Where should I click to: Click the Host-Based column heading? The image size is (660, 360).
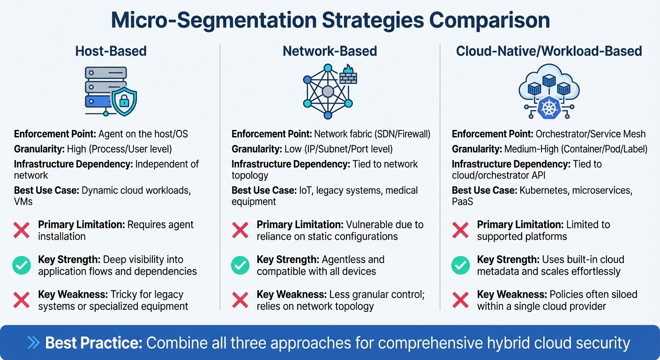[x=111, y=51]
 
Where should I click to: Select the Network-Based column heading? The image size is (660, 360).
[x=330, y=51]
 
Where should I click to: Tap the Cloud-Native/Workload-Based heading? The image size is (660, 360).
[x=549, y=51]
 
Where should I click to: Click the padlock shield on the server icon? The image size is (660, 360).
[x=124, y=101]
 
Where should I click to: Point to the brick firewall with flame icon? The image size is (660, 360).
[x=348, y=75]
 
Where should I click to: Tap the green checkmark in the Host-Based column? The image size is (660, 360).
[x=22, y=266]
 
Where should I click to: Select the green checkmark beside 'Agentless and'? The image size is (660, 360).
[x=240, y=266]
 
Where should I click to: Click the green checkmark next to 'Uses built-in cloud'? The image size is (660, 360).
[x=460, y=266]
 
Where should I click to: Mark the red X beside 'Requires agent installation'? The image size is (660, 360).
[x=22, y=230]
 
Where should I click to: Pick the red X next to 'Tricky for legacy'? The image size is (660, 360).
[x=22, y=300]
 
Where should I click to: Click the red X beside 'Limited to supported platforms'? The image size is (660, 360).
[x=460, y=230]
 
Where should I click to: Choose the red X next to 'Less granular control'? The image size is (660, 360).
[x=240, y=300]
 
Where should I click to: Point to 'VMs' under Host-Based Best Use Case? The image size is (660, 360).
[x=24, y=202]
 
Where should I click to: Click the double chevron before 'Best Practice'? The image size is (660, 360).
[x=34, y=343]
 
